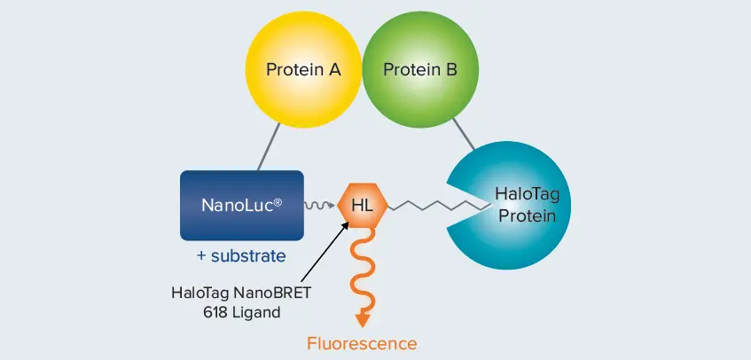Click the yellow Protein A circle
click(303, 70)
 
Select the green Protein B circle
click(420, 70)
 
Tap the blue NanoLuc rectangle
click(242, 206)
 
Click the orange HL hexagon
click(363, 206)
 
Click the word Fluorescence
click(362, 343)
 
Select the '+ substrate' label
click(241, 256)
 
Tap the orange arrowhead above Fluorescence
click(363, 318)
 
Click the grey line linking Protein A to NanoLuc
click(269, 146)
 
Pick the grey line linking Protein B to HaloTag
click(463, 134)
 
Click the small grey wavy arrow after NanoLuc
click(319, 206)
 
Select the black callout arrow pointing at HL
click(325, 251)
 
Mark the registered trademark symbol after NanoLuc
click(278, 202)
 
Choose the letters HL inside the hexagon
click(363, 206)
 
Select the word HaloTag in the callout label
click(199, 293)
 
